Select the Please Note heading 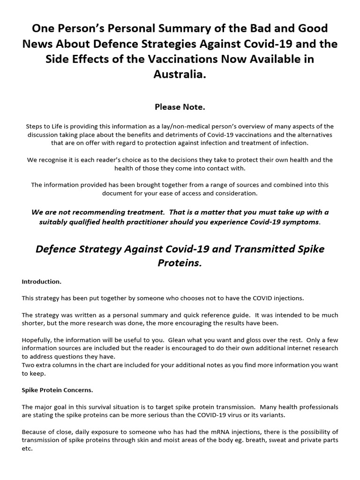coord(180,107)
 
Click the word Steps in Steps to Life coord(35,127)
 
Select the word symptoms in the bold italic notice coord(301,221)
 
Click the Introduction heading coord(41,282)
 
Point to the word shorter coord(34,323)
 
